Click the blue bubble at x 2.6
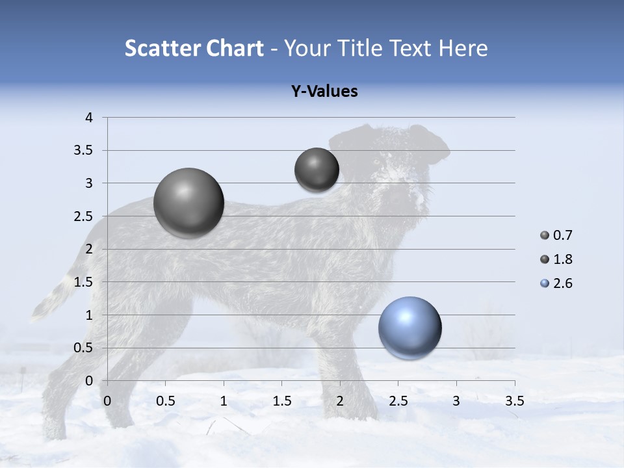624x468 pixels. pyautogui.click(x=409, y=328)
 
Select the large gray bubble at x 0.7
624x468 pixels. pyautogui.click(x=188, y=203)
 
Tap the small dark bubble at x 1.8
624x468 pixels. pyautogui.click(x=317, y=170)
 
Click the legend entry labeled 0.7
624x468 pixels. pyautogui.click(x=562, y=235)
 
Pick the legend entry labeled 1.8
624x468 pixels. pyautogui.click(x=562, y=259)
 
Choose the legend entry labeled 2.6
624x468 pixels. pyautogui.click(x=562, y=283)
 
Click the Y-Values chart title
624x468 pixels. pyautogui.click(x=324, y=91)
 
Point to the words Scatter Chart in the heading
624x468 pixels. pyautogui.click(x=194, y=48)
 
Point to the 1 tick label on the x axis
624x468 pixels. pyautogui.click(x=224, y=401)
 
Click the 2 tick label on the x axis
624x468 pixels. pyautogui.click(x=340, y=401)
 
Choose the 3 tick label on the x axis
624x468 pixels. pyautogui.click(x=456, y=401)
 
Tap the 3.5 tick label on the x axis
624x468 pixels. pyautogui.click(x=514, y=401)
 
